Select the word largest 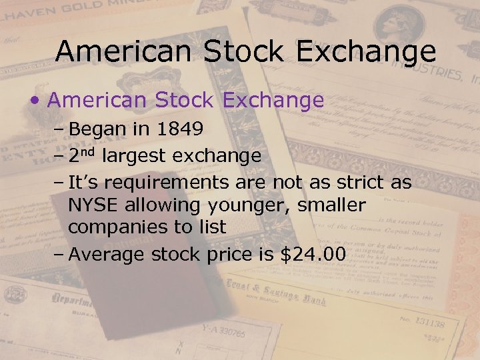pos(136,157)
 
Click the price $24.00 pos(312,254)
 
